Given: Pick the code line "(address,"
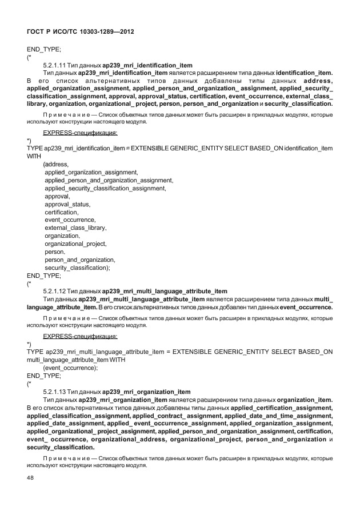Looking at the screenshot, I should coord(56,164).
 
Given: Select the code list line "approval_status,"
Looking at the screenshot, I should coord(67,204).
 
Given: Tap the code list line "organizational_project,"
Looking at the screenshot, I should coord(75,244).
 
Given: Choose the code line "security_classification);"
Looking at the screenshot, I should coord(77,267).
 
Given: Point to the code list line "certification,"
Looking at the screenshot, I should coord(62,212).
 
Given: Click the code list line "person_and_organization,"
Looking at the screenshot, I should coord(79,259).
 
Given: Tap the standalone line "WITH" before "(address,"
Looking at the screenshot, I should coord(34,156).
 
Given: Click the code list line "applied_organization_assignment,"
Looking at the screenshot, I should coord(91,172).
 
